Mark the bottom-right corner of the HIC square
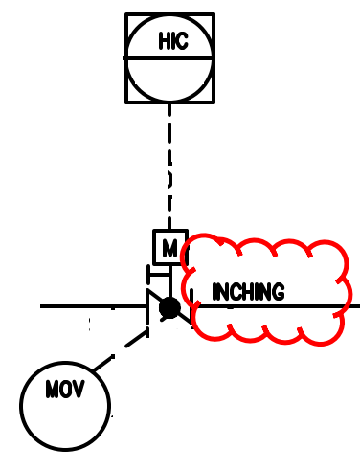[x=213, y=101]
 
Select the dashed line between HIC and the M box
[x=169, y=163]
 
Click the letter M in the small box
[x=169, y=249]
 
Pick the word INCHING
[x=248, y=292]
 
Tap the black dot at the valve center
[x=169, y=307]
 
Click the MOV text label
[x=64, y=391]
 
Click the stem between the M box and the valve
[x=169, y=279]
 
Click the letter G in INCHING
[x=278, y=292]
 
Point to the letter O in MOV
[x=64, y=391]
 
